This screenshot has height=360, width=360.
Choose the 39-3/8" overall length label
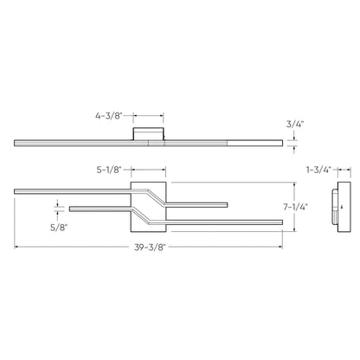tap(151, 246)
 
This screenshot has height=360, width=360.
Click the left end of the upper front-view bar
tap(16, 188)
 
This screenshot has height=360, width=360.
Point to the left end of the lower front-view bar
tap(71, 207)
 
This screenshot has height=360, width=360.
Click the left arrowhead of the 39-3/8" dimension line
tap(16, 246)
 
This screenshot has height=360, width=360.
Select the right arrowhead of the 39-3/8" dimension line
tap(280, 246)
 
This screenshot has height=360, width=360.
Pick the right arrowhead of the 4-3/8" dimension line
tap(162, 113)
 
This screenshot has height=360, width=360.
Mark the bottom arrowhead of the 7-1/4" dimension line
tap(295, 231)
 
